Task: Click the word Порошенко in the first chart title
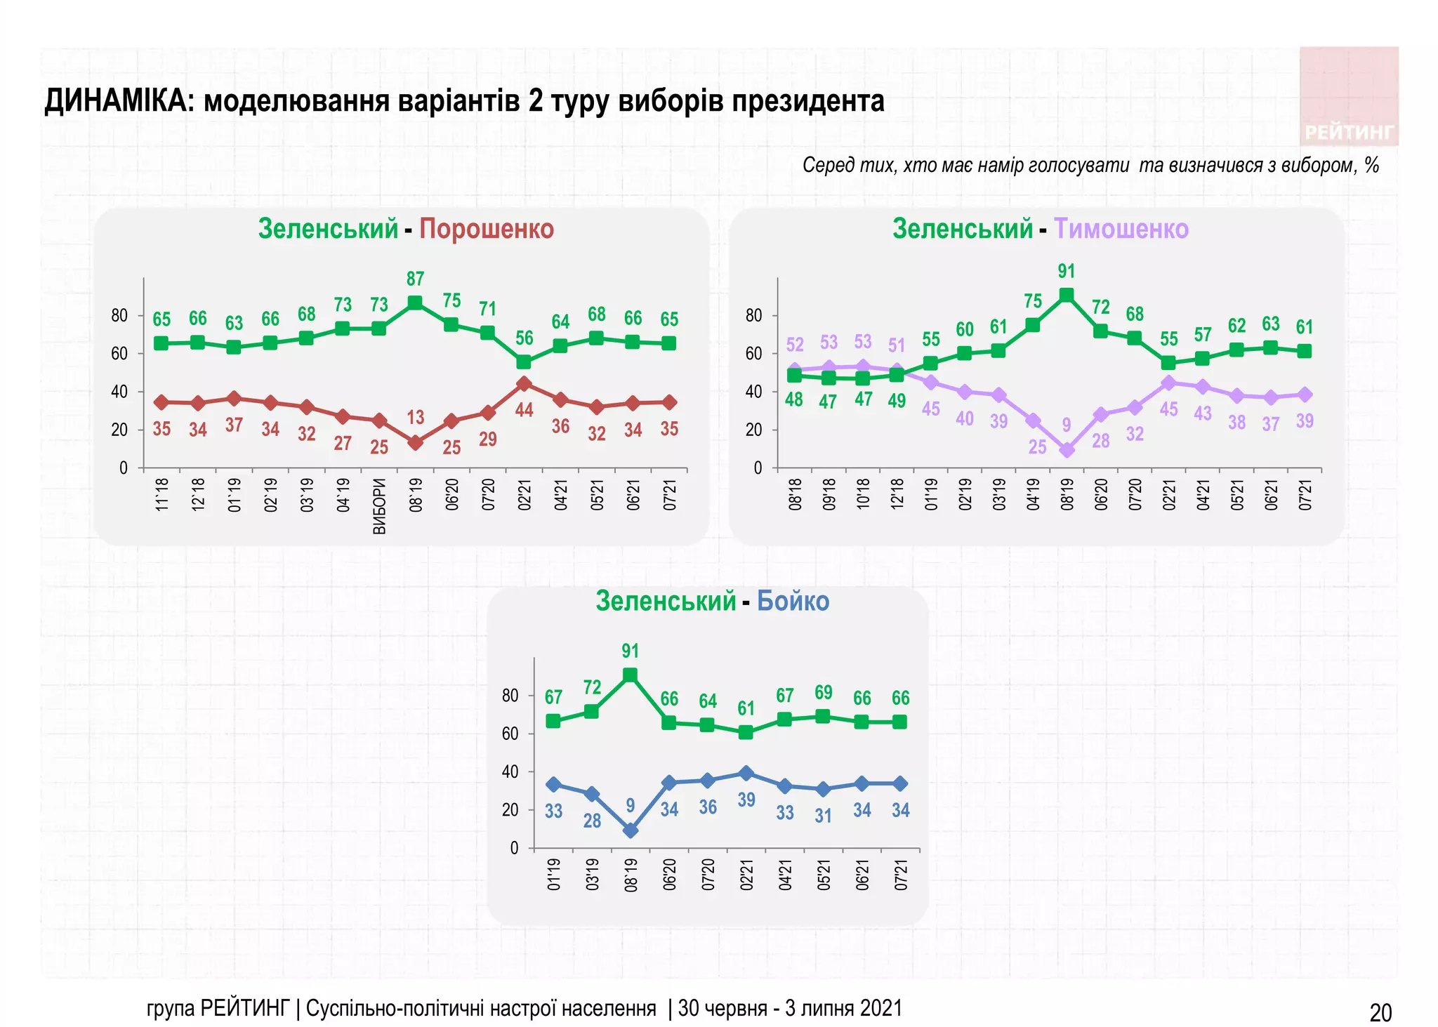pos(486,229)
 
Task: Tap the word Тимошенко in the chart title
pos(1121,229)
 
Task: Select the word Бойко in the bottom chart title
pos(793,601)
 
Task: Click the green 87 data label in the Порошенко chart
pos(415,279)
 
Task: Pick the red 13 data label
pos(415,418)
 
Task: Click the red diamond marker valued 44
pos(523,384)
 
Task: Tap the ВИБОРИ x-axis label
pos(379,506)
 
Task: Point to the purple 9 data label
pos(1066,425)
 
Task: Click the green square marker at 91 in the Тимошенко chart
pos(1066,295)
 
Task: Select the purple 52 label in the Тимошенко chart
pos(794,345)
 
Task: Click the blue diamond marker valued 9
pos(631,830)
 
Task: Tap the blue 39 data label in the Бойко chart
pos(746,800)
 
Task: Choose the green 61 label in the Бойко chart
pos(746,708)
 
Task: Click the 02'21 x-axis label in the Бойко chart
pos(746,875)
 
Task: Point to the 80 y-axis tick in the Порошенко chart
pos(119,316)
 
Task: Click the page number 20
pos(1380,1012)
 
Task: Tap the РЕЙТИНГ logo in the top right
pos(1348,132)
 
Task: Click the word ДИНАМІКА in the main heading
pos(119,101)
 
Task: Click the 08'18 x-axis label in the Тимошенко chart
pos(795,494)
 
